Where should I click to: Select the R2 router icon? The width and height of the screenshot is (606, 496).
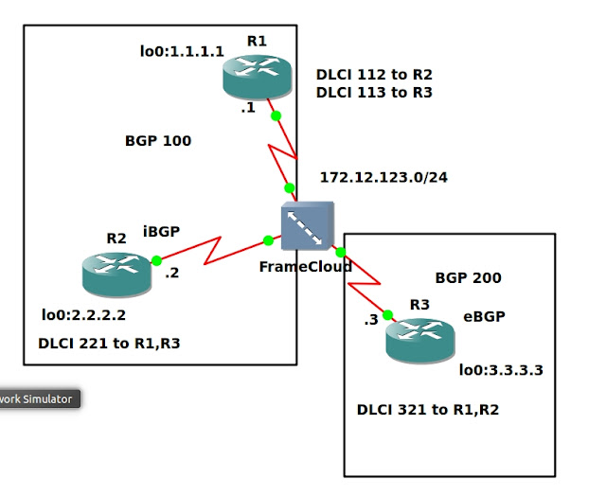pyautogui.click(x=116, y=272)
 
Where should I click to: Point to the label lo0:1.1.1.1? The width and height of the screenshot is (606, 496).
pyautogui.click(x=182, y=51)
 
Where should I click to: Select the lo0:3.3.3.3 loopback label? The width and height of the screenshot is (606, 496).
pyautogui.click(x=501, y=369)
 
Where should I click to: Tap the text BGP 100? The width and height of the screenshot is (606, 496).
pyautogui.click(x=158, y=141)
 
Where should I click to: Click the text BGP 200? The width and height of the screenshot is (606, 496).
pyautogui.click(x=468, y=278)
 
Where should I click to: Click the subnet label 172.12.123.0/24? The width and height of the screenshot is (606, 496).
pyautogui.click(x=383, y=177)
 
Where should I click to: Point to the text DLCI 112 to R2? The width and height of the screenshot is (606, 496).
pyautogui.click(x=373, y=74)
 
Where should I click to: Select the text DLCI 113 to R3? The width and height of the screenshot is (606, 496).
pyautogui.click(x=373, y=93)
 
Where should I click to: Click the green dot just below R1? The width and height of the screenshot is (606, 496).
pyautogui.click(x=276, y=116)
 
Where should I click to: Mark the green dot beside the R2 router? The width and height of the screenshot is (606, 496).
pyautogui.click(x=156, y=259)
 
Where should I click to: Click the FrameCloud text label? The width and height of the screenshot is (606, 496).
pyautogui.click(x=306, y=267)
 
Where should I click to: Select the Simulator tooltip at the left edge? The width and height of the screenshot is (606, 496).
pyautogui.click(x=38, y=399)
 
